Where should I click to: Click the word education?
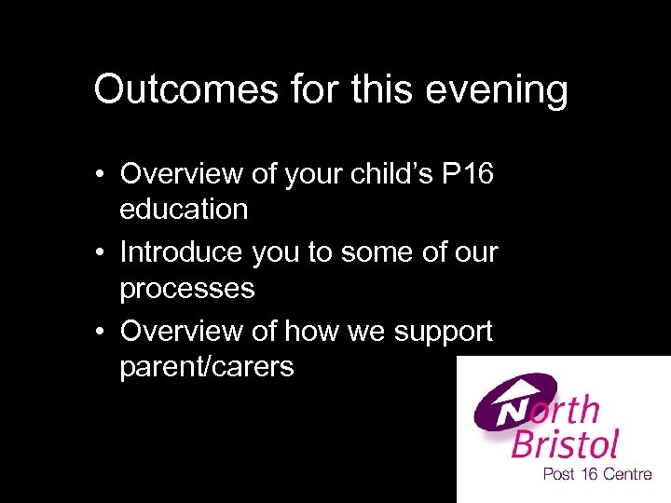(x=184, y=210)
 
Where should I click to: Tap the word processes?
(x=186, y=289)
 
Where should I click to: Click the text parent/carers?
(x=206, y=368)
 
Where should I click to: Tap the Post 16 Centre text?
(x=596, y=475)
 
